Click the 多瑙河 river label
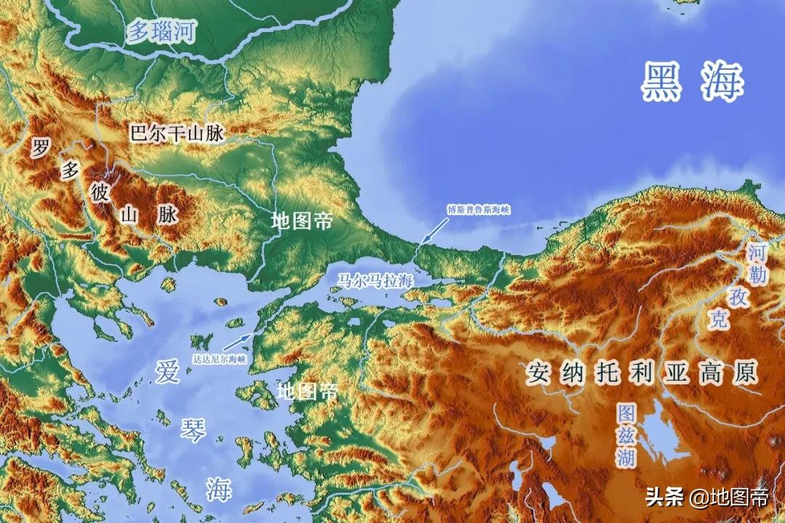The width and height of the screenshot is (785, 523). point(161,31)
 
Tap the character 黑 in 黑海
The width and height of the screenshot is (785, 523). point(663,81)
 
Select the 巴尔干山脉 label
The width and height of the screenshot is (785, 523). point(177,134)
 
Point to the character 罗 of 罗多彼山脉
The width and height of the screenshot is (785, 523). point(41,148)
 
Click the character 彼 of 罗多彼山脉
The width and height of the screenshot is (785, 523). point(99,192)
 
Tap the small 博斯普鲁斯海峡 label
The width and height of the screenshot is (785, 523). point(478,210)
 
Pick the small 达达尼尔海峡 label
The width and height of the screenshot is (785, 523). point(219,358)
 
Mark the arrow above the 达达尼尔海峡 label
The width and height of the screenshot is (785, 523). point(238,341)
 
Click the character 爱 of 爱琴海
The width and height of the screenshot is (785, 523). point(167,371)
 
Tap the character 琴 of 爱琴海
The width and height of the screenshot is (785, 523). point(193,429)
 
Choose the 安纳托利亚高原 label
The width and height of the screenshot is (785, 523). point(643,373)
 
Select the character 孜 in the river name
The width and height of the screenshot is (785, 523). point(738,297)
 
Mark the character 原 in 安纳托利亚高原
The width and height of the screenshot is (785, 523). point(744,373)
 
